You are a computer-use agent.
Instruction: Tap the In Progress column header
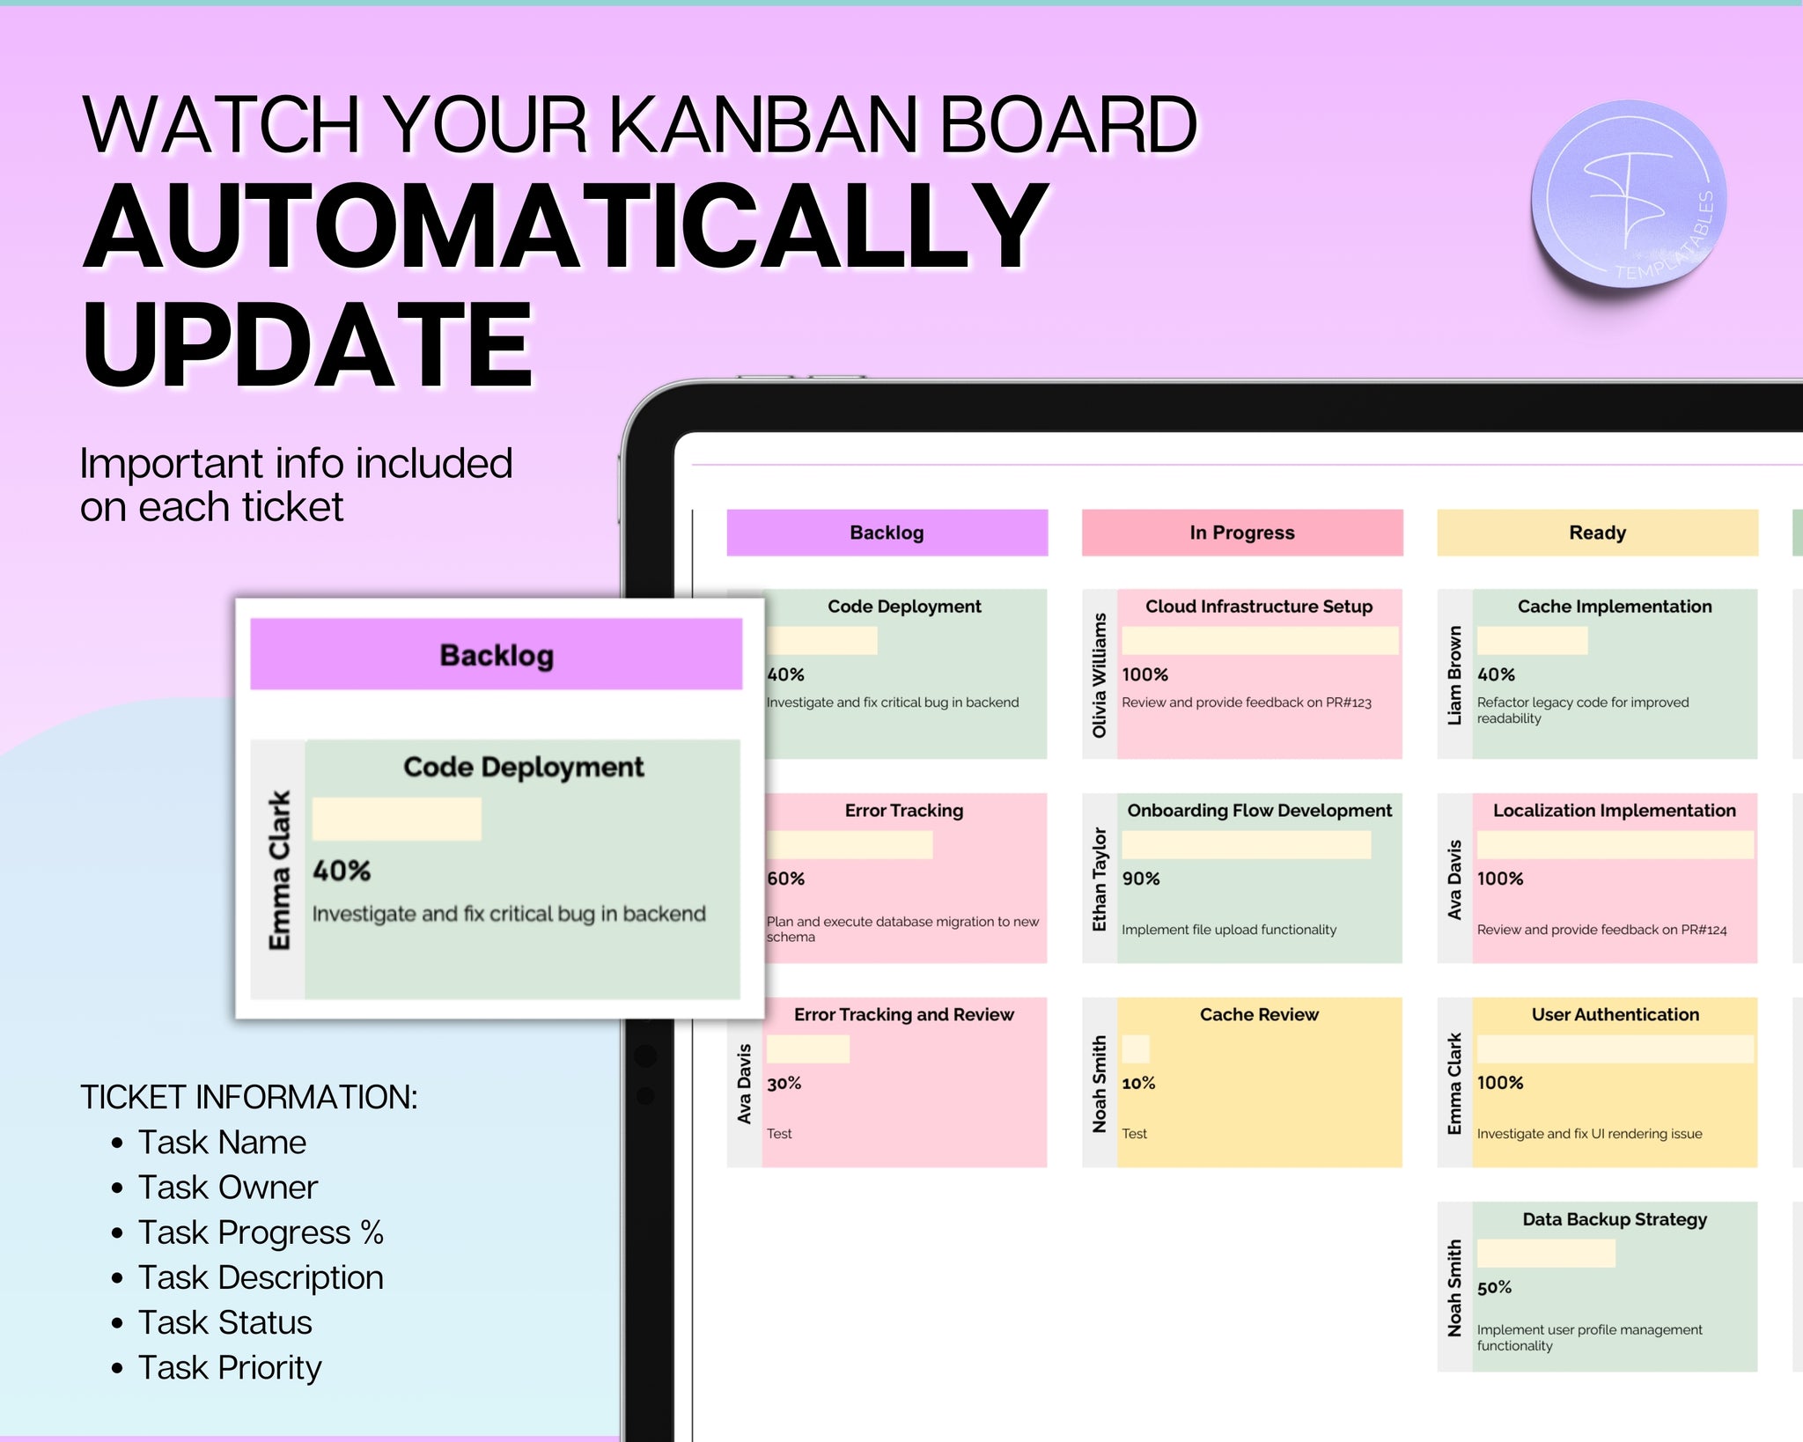[1242, 533]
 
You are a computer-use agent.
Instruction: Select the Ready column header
[1597, 533]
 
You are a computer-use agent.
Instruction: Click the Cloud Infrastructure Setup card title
[1259, 607]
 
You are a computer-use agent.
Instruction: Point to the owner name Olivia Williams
[1099, 675]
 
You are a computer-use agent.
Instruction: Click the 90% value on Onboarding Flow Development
[1141, 879]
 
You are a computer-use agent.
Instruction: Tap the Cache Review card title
[1259, 1014]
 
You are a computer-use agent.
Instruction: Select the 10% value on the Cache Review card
[1138, 1083]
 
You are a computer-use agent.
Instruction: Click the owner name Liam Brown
[1454, 675]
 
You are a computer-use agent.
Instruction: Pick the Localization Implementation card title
[1615, 811]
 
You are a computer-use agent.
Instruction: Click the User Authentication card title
[1615, 1014]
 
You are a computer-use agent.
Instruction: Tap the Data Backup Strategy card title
[1615, 1219]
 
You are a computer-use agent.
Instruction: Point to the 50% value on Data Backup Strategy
[1494, 1287]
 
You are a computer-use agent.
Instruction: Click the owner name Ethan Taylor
[1099, 879]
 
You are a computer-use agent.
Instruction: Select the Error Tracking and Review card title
[904, 1014]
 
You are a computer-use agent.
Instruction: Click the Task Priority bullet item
[230, 1367]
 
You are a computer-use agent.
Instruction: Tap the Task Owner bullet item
[227, 1187]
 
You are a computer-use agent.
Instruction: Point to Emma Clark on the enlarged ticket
[279, 870]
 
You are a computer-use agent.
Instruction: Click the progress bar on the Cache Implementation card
[1532, 640]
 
